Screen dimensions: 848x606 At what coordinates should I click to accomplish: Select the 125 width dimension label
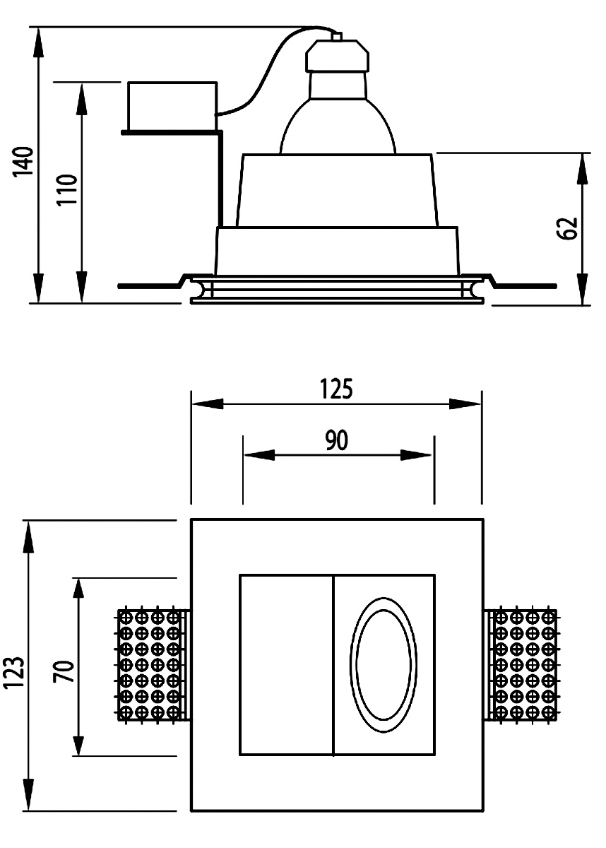[x=335, y=389]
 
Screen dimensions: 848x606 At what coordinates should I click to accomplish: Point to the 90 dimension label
[x=337, y=440]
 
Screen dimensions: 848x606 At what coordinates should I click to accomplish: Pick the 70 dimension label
[x=64, y=671]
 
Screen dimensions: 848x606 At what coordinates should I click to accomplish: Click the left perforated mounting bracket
[x=151, y=665]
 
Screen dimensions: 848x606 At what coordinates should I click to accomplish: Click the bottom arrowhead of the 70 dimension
[x=79, y=743]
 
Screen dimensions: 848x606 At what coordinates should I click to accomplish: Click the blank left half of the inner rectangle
[x=286, y=665]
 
